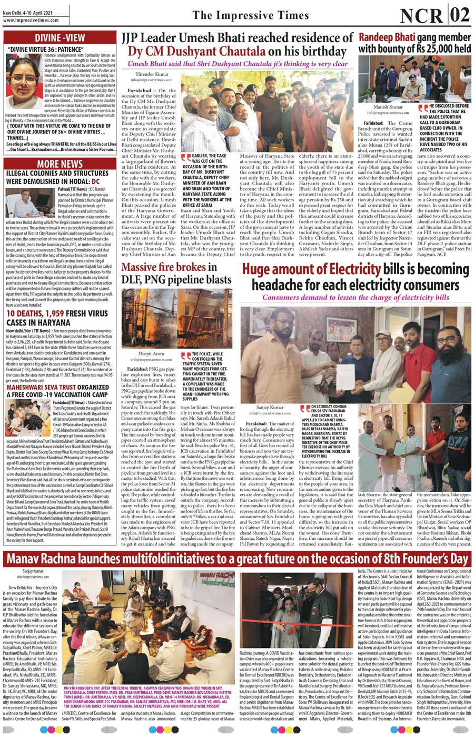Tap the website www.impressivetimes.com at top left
pos(30,21)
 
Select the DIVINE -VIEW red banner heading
pos(60,37)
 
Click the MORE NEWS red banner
pos(60,164)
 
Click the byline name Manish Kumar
pos(388,107)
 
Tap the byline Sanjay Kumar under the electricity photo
pos(269,407)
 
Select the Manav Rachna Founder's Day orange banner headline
pos(237,559)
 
